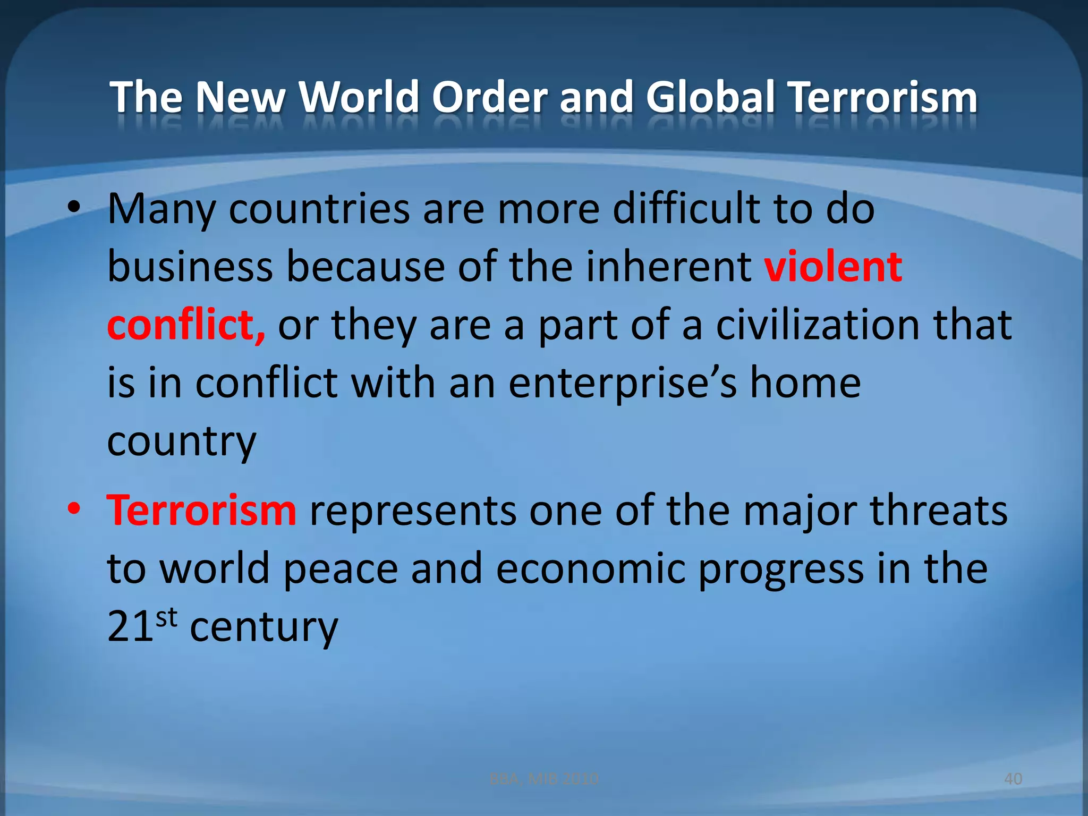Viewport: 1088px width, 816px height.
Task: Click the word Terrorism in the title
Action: [x=882, y=97]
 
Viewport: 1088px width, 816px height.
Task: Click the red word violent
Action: [x=833, y=267]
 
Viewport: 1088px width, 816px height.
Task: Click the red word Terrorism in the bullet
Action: [x=201, y=511]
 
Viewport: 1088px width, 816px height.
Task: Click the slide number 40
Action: [x=1013, y=779]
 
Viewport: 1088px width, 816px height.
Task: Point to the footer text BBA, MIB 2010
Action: [x=543, y=779]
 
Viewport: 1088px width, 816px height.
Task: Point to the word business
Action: [x=190, y=267]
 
